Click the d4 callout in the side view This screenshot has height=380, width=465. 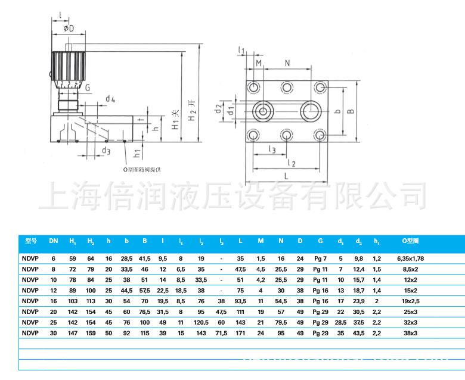[110, 98]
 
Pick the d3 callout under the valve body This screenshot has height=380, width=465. [106, 151]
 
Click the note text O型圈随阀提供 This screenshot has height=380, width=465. [142, 169]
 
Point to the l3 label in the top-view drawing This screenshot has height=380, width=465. [271, 149]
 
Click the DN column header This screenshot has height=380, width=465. [53, 241]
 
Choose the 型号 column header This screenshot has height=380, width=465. [31, 241]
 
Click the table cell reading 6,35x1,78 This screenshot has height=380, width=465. [410, 259]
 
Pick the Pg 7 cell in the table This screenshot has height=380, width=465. [321, 259]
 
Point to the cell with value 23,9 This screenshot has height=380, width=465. [359, 302]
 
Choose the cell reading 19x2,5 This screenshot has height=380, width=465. [410, 302]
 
